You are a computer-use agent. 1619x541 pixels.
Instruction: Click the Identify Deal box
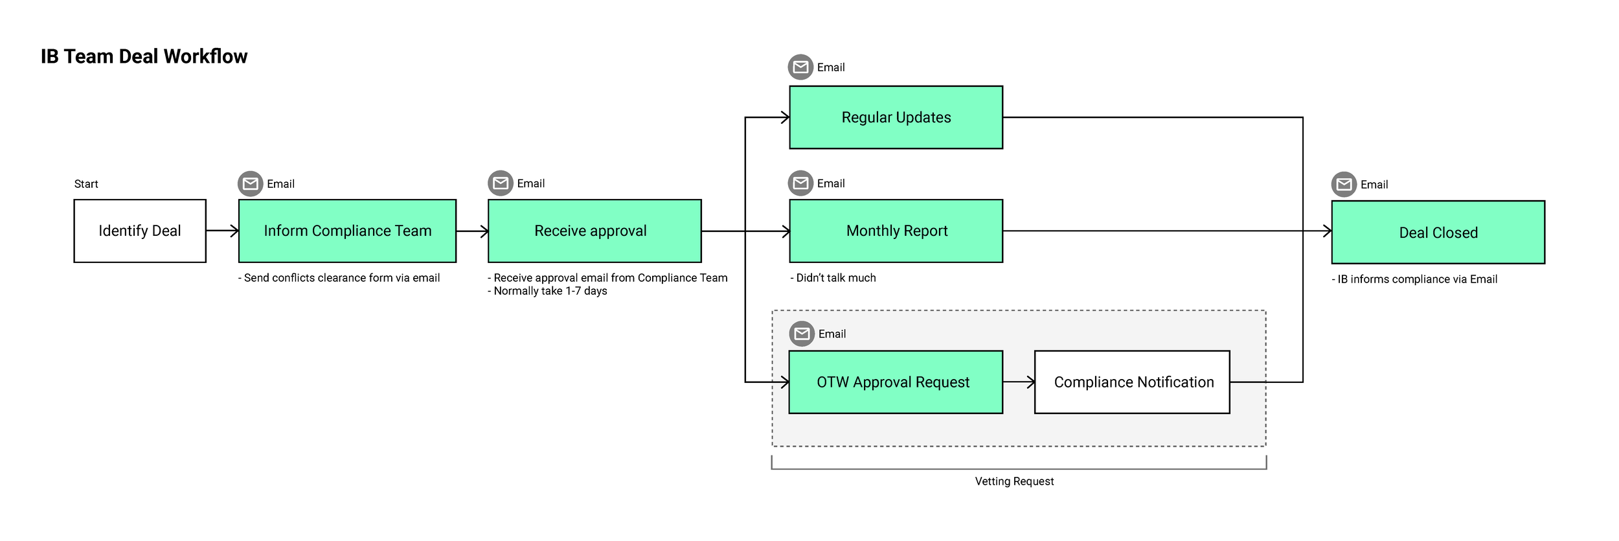coord(140,231)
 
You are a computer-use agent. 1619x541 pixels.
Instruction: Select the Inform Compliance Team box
coord(347,231)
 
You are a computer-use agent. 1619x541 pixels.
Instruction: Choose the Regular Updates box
coord(896,117)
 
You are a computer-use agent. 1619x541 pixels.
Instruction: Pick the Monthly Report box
coord(896,231)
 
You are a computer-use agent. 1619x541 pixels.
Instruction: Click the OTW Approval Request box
coord(895,382)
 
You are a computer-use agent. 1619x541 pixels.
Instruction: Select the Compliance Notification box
coord(1131,382)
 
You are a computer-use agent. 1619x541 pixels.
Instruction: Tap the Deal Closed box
coord(1438,233)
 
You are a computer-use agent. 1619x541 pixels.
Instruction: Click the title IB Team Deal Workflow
coord(144,56)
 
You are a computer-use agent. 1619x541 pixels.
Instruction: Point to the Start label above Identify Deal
coord(86,184)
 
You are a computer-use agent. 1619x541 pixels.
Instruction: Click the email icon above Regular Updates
coord(800,67)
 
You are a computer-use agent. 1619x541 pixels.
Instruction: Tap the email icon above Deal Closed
coord(1344,185)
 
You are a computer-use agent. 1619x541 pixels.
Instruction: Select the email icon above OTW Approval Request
coord(802,334)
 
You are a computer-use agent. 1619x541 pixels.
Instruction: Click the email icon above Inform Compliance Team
coord(250,184)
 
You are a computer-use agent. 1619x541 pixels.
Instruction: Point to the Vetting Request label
coord(1014,481)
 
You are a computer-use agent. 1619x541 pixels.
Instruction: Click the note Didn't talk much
coord(833,278)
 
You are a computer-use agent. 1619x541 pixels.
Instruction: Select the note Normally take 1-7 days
coord(548,292)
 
